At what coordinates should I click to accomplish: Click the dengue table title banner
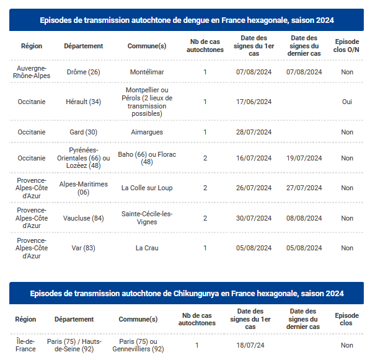tap(187, 20)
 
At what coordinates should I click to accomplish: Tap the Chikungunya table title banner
tap(187, 293)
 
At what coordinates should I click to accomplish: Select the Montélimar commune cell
tap(147, 72)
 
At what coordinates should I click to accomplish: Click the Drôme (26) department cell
tap(84, 72)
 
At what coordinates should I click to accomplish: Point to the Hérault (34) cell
tap(84, 102)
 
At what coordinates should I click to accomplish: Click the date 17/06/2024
tap(254, 102)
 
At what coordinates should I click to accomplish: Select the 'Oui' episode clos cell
tap(347, 102)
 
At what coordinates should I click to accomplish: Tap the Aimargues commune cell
tap(147, 132)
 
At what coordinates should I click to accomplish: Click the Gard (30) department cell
tap(84, 132)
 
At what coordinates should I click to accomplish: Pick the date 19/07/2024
tap(305, 158)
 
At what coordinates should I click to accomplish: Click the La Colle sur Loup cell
tap(147, 188)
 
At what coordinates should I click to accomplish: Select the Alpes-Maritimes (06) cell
tap(84, 188)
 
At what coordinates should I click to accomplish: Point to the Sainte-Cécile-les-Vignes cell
tap(147, 218)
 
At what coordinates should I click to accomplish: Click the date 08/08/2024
tap(305, 218)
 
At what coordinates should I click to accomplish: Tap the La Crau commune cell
tap(147, 248)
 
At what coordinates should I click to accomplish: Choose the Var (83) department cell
tap(84, 248)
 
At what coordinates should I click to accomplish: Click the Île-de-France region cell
tap(26, 345)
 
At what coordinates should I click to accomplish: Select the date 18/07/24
tap(250, 345)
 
